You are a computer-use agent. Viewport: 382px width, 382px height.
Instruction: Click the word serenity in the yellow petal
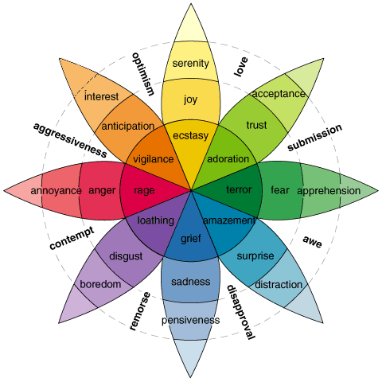click(x=190, y=64)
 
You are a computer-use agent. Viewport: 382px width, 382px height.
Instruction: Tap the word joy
click(x=190, y=99)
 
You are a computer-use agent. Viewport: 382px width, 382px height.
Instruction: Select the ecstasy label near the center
click(x=190, y=136)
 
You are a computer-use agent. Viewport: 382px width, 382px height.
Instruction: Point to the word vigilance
click(x=154, y=159)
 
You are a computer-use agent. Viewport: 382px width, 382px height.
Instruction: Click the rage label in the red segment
click(x=144, y=190)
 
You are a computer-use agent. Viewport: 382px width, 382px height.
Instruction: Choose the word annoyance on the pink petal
click(x=56, y=191)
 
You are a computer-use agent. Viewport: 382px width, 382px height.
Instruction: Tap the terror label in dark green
click(x=239, y=189)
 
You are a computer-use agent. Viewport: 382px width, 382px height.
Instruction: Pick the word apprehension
click(x=329, y=191)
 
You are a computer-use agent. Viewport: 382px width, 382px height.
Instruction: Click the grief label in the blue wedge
click(x=191, y=239)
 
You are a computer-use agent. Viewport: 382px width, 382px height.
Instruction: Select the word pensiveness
click(x=190, y=320)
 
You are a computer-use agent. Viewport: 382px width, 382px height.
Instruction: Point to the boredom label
click(x=100, y=284)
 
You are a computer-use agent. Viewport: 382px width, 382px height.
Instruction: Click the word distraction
click(x=279, y=285)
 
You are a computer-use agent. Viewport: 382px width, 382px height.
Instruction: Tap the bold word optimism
click(x=143, y=74)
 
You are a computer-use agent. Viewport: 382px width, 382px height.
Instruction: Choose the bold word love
click(x=241, y=67)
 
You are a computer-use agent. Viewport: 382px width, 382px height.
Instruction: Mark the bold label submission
click(x=315, y=138)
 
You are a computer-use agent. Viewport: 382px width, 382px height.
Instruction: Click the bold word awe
click(x=313, y=241)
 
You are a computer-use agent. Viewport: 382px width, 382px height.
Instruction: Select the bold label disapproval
click(x=240, y=312)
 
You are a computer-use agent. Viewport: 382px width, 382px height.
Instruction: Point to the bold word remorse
click(x=140, y=311)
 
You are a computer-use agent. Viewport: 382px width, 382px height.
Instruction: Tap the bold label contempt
click(x=72, y=238)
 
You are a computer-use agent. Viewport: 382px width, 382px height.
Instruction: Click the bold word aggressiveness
click(x=70, y=140)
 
